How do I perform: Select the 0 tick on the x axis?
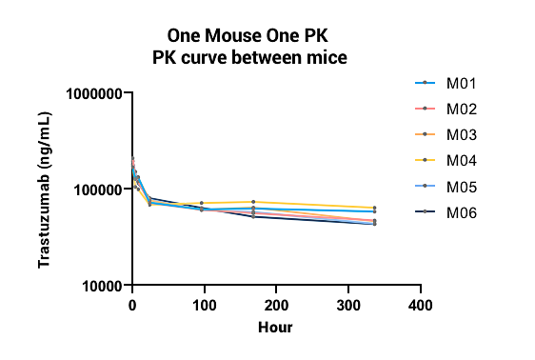tap(132, 305)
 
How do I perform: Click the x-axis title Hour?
tap(275, 328)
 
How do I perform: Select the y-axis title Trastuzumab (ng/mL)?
tap(45, 190)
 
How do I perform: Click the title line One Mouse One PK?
tap(251, 36)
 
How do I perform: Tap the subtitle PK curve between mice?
tap(251, 57)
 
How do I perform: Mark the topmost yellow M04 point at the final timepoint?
tap(374, 208)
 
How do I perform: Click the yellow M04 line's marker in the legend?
tap(425, 160)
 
